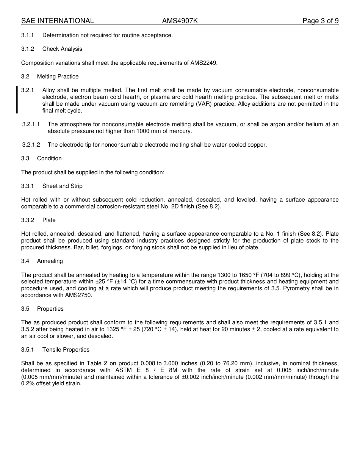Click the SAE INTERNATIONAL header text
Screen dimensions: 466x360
pos(58,21)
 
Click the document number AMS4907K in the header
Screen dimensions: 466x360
pos(180,21)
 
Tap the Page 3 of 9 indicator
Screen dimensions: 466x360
pos(320,21)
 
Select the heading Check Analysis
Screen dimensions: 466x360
pos(62,49)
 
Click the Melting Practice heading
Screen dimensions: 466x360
pos(58,77)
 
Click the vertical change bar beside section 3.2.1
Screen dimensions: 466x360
pos(17,100)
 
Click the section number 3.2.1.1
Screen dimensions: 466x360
pos(31,124)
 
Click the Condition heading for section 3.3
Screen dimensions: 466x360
pos(49,158)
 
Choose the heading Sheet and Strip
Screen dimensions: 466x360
pos(62,186)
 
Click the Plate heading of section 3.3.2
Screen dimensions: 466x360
pos(49,220)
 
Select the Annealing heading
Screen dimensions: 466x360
pos(50,261)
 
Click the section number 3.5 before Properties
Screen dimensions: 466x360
pos(25,309)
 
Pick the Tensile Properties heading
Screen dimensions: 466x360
pos(66,350)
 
